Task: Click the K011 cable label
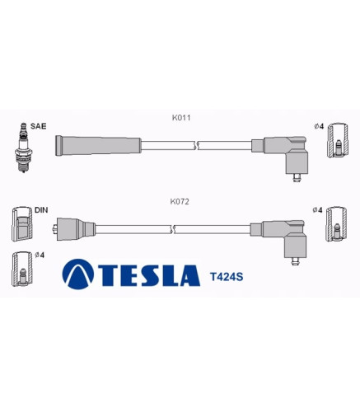tap(181, 118)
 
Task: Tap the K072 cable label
tap(180, 202)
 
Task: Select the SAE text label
tap(38, 126)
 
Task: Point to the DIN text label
tap(41, 210)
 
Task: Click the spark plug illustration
tap(24, 148)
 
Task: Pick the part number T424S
tap(227, 277)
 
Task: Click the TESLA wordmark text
tap(149, 275)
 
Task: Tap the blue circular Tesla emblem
tap(78, 274)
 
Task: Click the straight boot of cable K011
tap(98, 146)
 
